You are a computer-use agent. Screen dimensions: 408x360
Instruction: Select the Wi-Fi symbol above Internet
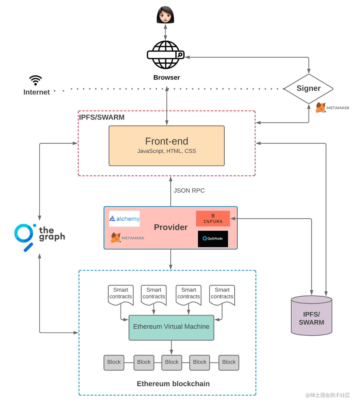[35, 80]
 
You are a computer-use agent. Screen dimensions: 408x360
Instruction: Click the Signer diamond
[309, 88]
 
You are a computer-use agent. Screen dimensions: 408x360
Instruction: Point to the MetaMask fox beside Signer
[321, 108]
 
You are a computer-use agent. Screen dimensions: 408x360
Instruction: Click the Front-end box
[166, 146]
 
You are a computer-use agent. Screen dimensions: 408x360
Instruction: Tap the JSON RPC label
[189, 190]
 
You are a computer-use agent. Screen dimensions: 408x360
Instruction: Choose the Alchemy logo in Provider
[124, 219]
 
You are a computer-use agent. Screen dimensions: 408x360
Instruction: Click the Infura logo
[213, 218]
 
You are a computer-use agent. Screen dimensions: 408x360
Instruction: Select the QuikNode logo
[213, 239]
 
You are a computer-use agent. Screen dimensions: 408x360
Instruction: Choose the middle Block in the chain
[172, 362]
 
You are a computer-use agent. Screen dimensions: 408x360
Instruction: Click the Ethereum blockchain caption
[173, 384]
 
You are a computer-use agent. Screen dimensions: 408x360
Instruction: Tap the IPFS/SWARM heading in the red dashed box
[102, 117]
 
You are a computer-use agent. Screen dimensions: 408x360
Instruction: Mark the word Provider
[171, 227]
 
